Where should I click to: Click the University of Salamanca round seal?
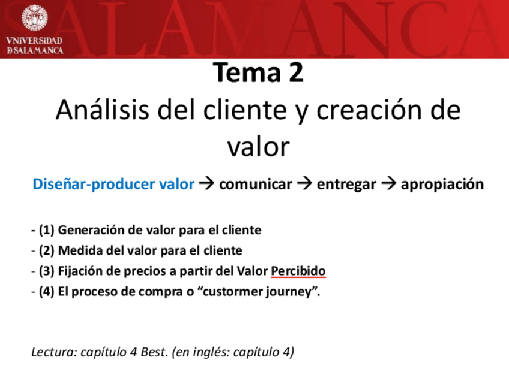point(34,19)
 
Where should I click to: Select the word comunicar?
point(255,184)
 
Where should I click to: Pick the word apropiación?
point(442,184)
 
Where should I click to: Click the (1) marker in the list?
point(47,230)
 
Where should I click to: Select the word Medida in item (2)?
point(77,250)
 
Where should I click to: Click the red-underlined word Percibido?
point(298,271)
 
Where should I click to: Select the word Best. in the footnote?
point(154,352)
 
